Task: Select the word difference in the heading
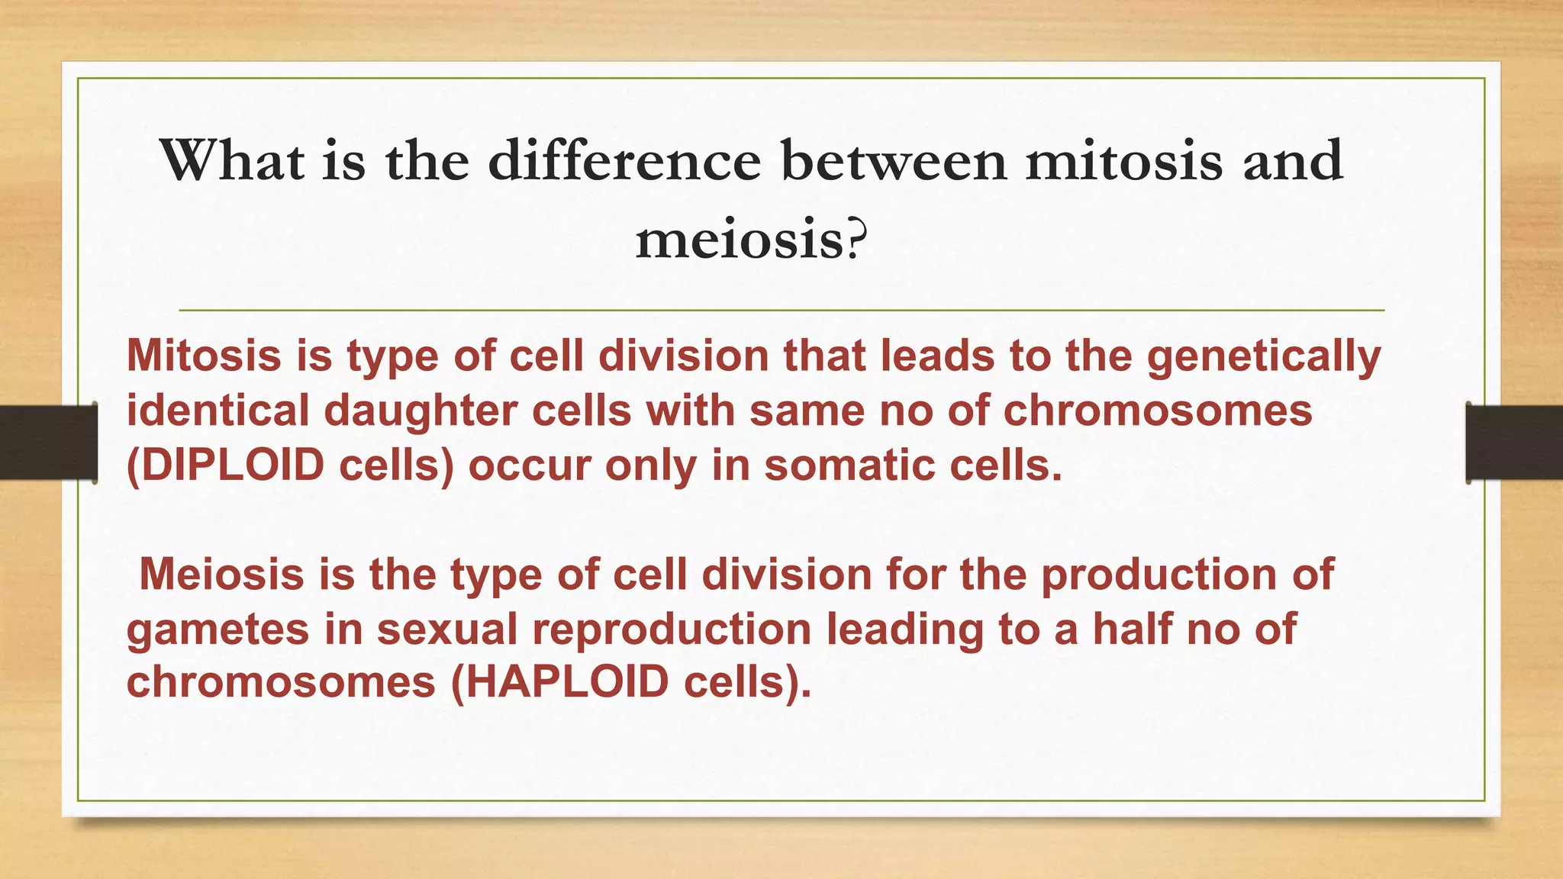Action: (624, 161)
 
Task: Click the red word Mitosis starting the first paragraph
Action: (204, 356)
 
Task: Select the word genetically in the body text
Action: (1264, 357)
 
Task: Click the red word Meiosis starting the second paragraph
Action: (221, 574)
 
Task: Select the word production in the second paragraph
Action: (1159, 575)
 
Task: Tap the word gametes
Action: (218, 630)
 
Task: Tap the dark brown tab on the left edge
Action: (48, 443)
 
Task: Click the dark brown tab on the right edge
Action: (1514, 443)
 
